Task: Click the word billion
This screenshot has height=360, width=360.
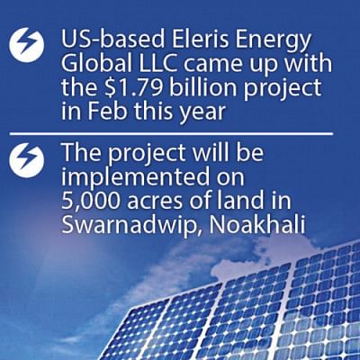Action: [203, 87]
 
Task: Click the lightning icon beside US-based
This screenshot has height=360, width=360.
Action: [27, 45]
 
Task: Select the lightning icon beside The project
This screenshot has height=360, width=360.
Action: [27, 160]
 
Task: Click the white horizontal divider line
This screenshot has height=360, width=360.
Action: [171, 133]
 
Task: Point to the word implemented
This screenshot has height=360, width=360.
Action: [135, 177]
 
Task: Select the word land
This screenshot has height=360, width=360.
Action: [242, 200]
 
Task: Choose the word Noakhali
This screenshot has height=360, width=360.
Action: [257, 224]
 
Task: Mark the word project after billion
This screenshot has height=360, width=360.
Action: [283, 90]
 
